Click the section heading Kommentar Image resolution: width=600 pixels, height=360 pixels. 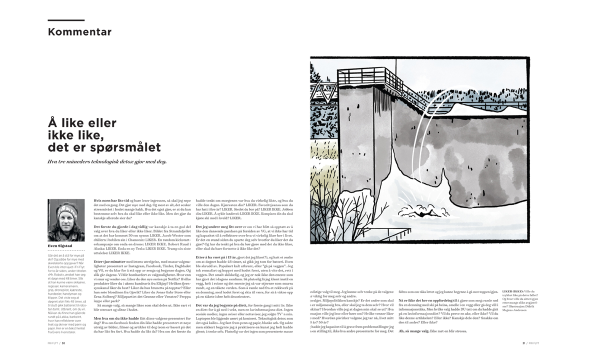79,32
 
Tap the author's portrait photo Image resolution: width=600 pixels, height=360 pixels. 66,220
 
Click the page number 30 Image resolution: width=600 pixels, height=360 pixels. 64,343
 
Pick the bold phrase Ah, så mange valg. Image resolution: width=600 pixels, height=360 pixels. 413,331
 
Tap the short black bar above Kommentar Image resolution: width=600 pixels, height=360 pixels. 66,20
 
